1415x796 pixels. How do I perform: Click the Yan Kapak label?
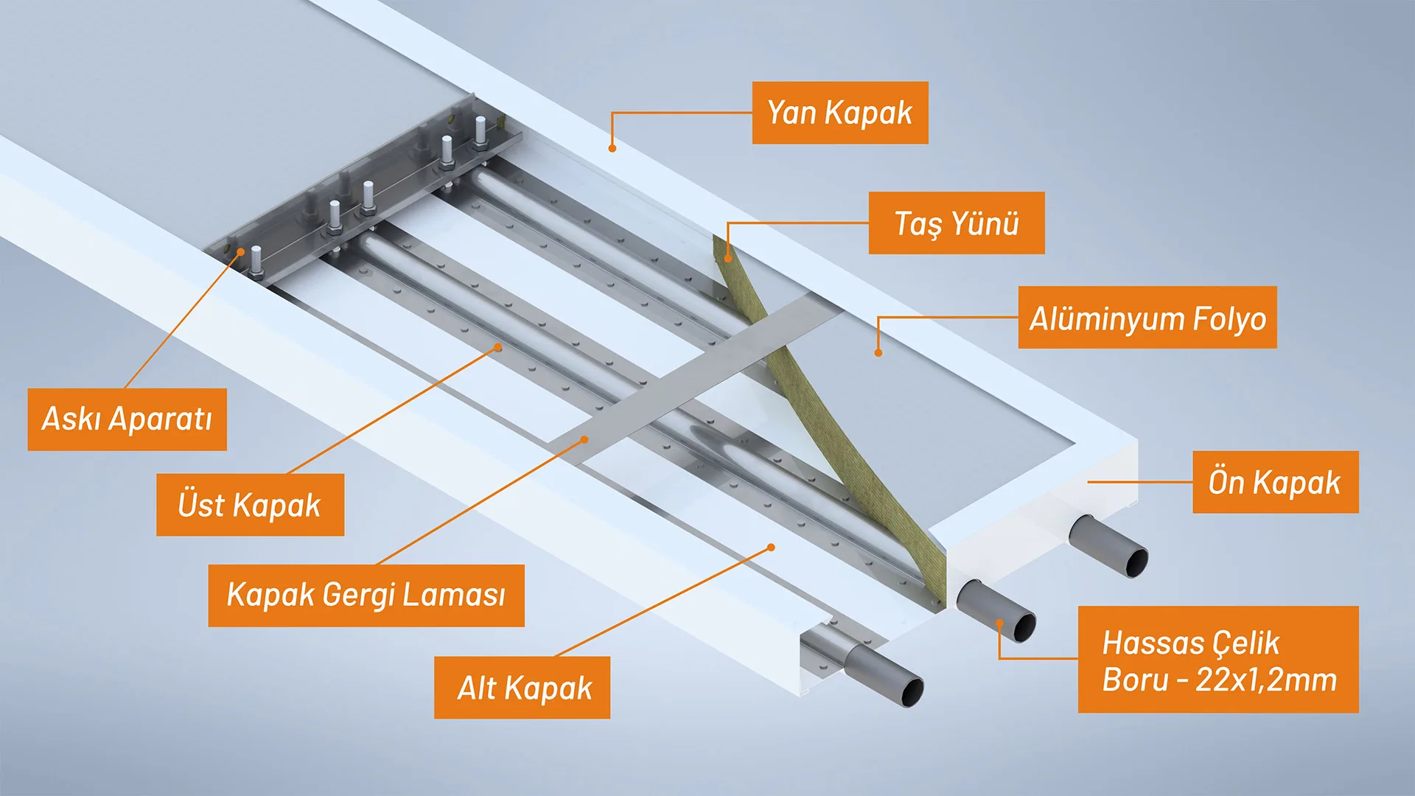[840, 113]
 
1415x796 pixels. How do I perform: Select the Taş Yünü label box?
[957, 223]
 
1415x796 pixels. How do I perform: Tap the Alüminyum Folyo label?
[1147, 317]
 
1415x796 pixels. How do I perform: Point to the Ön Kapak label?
[1275, 482]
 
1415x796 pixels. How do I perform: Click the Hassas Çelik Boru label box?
[1218, 660]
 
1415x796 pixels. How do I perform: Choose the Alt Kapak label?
[523, 688]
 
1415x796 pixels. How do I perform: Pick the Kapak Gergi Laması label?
[366, 596]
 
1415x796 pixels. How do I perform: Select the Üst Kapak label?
[250, 505]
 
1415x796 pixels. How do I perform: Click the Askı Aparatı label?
[127, 419]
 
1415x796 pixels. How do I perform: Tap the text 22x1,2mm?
[1266, 680]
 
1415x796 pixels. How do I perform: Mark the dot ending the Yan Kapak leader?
[612, 148]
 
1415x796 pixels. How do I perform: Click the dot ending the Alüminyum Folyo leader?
[878, 353]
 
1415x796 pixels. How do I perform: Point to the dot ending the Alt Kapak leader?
[771, 548]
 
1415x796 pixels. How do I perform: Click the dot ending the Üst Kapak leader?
[498, 346]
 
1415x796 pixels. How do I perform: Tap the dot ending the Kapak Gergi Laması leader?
[584, 439]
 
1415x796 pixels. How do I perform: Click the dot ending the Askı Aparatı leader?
[240, 252]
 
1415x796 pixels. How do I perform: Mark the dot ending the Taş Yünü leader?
[728, 258]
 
